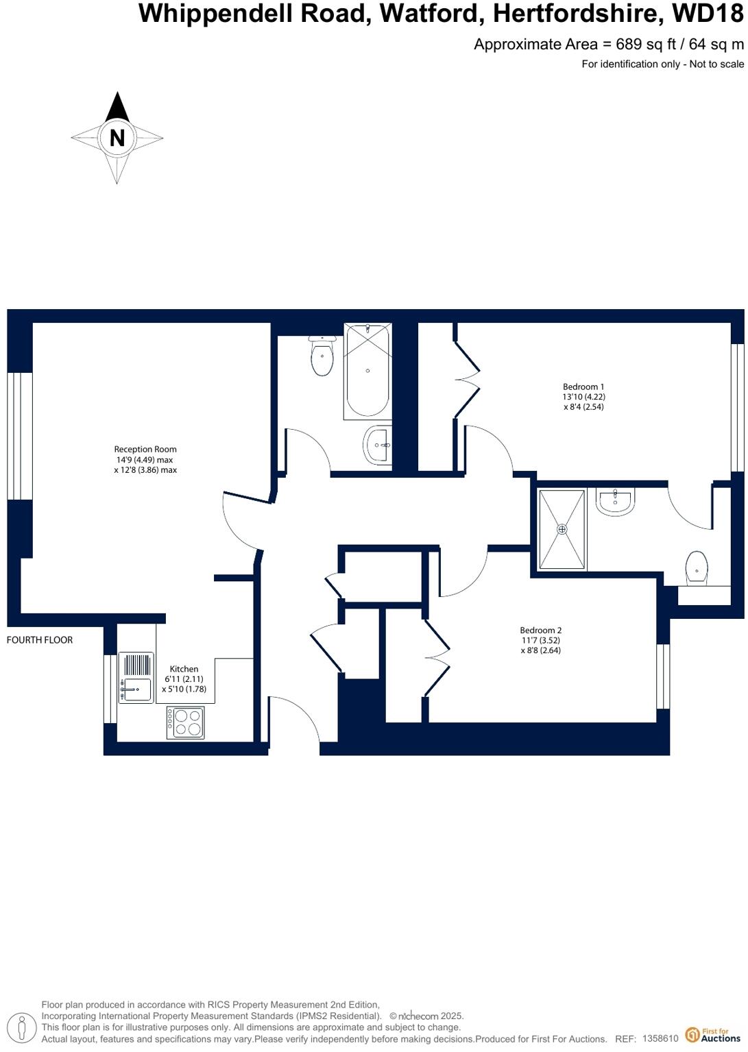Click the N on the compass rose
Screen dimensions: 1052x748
117,138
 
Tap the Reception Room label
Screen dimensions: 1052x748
145,450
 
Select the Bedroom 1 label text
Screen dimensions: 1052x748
583,387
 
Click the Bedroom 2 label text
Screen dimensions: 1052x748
540,631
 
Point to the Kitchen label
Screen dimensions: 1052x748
184,669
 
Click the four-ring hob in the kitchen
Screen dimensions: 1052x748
185,722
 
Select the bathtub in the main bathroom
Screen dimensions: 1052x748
367,371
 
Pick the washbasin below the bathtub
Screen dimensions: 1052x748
378,445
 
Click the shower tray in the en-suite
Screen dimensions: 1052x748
562,529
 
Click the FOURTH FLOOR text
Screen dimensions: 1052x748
40,640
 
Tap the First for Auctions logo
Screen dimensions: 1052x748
714,1035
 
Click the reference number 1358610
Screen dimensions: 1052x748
660,1039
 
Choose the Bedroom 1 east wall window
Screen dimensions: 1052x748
738,407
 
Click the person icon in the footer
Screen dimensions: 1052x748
23,1029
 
